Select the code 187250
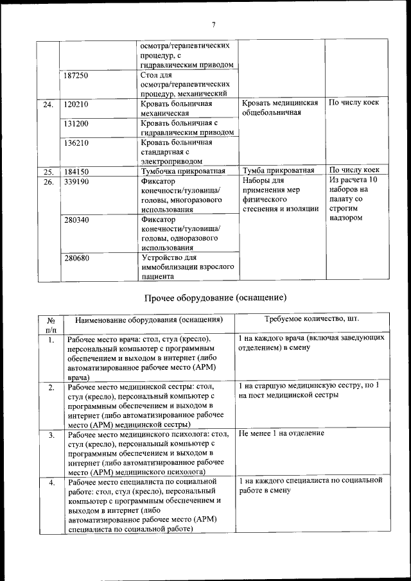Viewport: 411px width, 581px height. coord(76,76)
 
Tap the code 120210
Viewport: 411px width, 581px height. coord(76,103)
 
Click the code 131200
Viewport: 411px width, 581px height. coord(76,123)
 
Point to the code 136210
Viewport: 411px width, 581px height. coord(76,143)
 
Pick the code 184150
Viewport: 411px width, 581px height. coord(76,171)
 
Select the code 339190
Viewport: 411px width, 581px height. coord(76,182)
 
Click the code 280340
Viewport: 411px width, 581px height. coord(76,220)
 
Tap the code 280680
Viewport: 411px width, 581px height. coord(76,258)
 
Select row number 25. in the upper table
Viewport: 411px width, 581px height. coord(48,171)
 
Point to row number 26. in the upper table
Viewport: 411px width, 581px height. coord(48,182)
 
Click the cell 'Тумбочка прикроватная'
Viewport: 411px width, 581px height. coord(182,171)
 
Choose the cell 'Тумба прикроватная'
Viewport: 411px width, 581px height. coord(279,171)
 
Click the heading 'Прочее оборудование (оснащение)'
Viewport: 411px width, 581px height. coord(214,298)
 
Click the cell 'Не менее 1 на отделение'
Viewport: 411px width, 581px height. coord(281,433)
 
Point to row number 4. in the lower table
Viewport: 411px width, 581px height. coord(51,481)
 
